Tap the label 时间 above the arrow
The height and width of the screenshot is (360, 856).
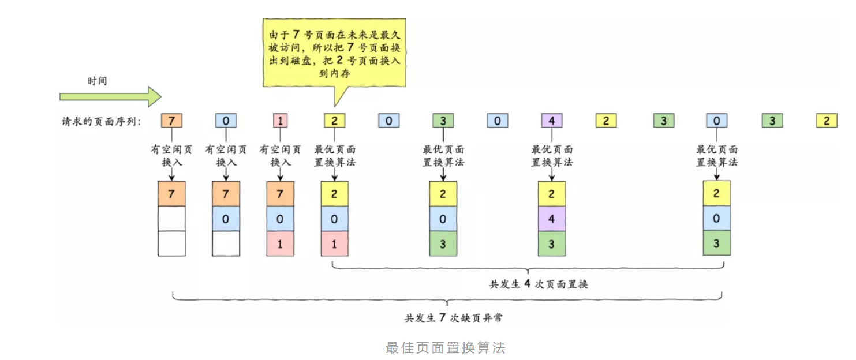(x=97, y=81)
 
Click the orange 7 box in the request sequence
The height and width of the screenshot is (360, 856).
(x=171, y=121)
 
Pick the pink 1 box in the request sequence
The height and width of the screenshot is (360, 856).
(x=280, y=121)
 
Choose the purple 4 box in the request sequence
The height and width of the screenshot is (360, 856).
(x=551, y=121)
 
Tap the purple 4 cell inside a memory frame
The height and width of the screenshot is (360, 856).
(x=551, y=219)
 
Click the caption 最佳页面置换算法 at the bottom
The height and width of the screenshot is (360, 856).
(x=445, y=348)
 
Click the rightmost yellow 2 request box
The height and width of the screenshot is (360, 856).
(x=826, y=121)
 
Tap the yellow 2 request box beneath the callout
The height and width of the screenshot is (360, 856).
(x=334, y=121)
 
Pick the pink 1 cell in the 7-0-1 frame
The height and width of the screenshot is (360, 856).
(x=280, y=244)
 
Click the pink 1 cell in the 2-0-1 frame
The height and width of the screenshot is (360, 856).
(x=334, y=244)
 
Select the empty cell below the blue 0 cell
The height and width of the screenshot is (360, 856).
(x=226, y=244)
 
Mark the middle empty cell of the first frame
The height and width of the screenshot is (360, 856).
(x=171, y=219)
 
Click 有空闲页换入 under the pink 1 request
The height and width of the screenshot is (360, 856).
(x=280, y=156)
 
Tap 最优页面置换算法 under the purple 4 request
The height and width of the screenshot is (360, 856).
(x=552, y=156)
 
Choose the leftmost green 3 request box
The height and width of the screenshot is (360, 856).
(x=443, y=121)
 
